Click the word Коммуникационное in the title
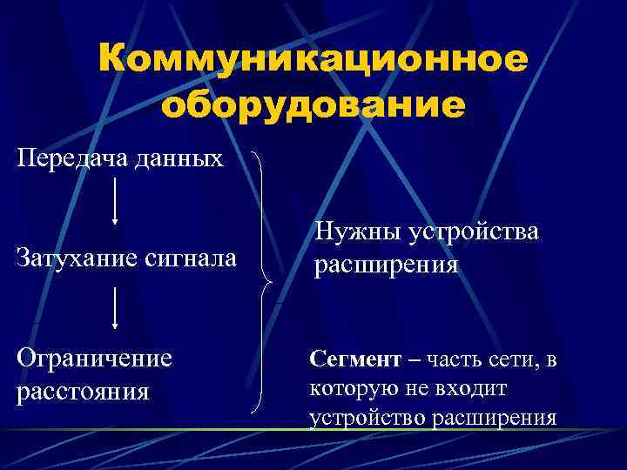[x=313, y=60]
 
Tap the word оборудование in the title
[x=313, y=104]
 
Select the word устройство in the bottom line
[x=367, y=418]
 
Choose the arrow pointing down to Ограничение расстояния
[x=114, y=309]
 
